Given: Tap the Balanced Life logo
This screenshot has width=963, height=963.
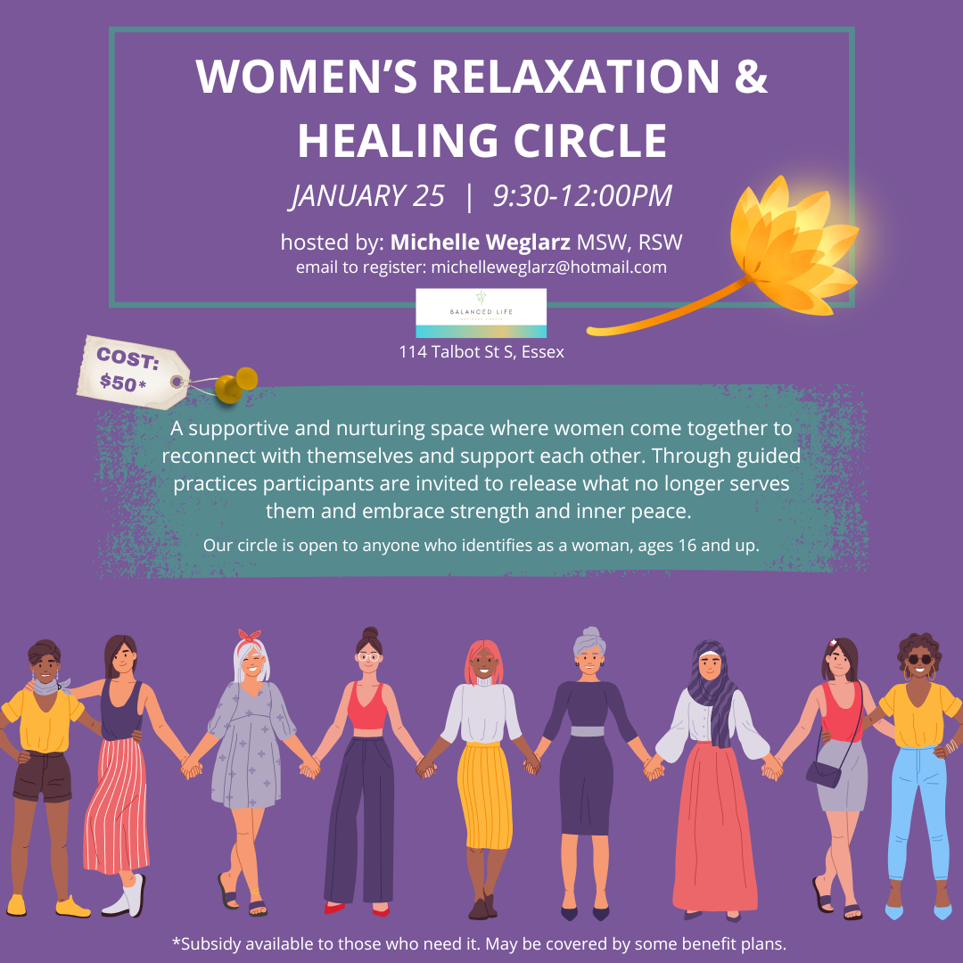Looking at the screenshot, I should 481,313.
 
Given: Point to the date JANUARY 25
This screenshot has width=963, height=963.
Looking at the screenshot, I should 368,196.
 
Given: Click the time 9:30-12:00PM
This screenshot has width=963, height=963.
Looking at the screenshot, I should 582,196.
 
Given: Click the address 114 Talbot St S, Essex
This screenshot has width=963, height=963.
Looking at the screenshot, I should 481,352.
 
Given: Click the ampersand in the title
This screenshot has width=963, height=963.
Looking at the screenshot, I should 750,77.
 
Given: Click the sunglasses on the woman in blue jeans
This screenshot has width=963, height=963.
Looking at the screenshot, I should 919,660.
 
